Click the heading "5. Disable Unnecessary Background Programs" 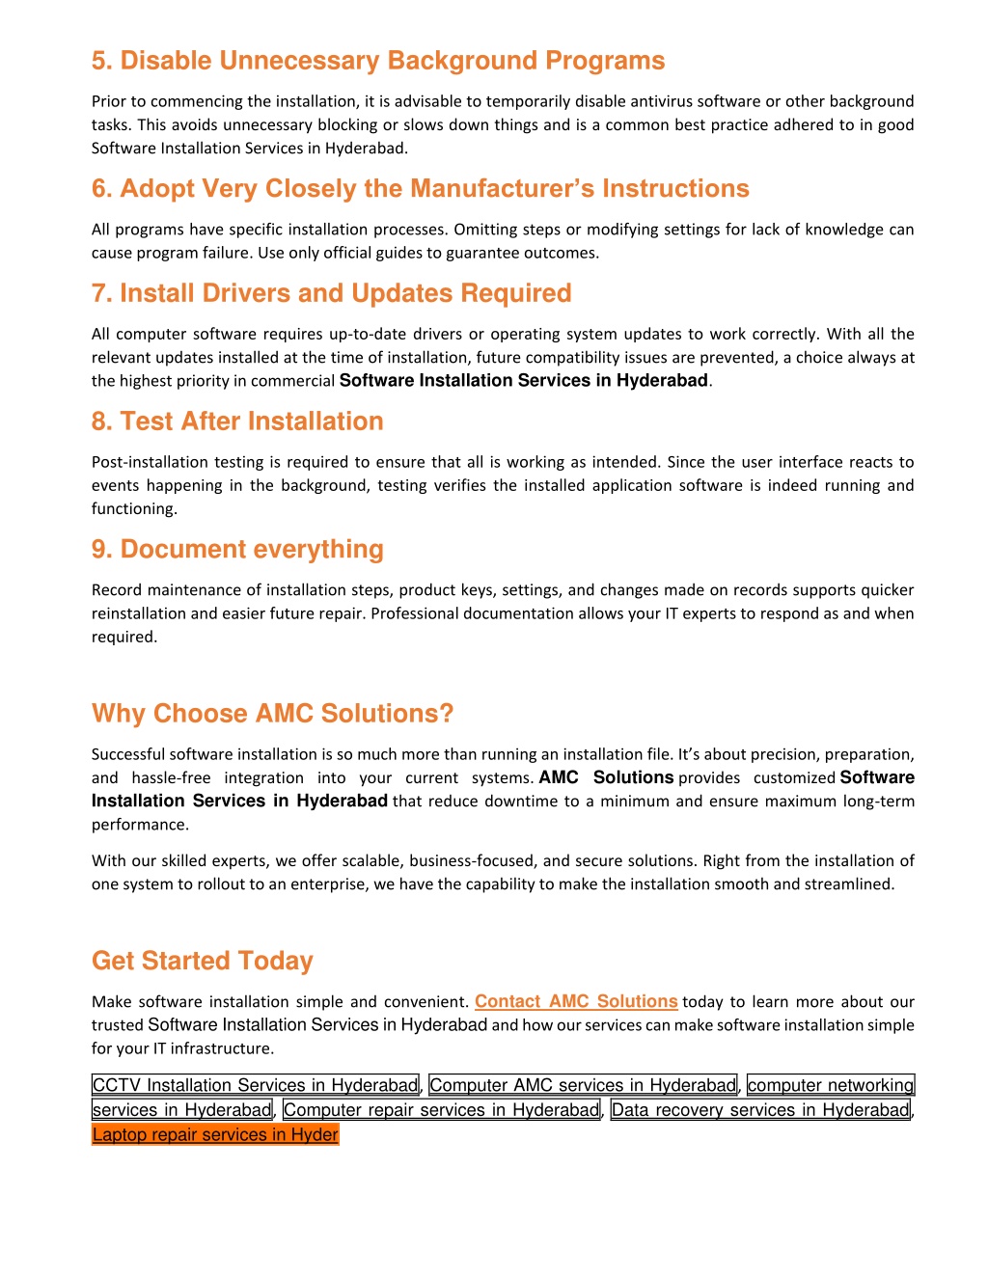coord(377,61)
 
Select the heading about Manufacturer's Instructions coord(420,188)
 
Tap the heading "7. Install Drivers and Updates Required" coord(331,293)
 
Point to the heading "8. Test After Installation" coord(237,421)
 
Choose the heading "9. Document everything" coord(237,550)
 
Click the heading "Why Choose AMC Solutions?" coord(272,714)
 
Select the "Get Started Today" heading coord(203,961)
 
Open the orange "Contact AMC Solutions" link coord(576,1002)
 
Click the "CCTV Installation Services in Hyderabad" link coord(256,1086)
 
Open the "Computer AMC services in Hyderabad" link coord(583,1086)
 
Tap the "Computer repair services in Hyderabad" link coord(442,1110)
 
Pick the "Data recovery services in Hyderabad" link coord(760,1110)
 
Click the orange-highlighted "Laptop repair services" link coord(215,1135)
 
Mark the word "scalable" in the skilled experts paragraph coord(372,860)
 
